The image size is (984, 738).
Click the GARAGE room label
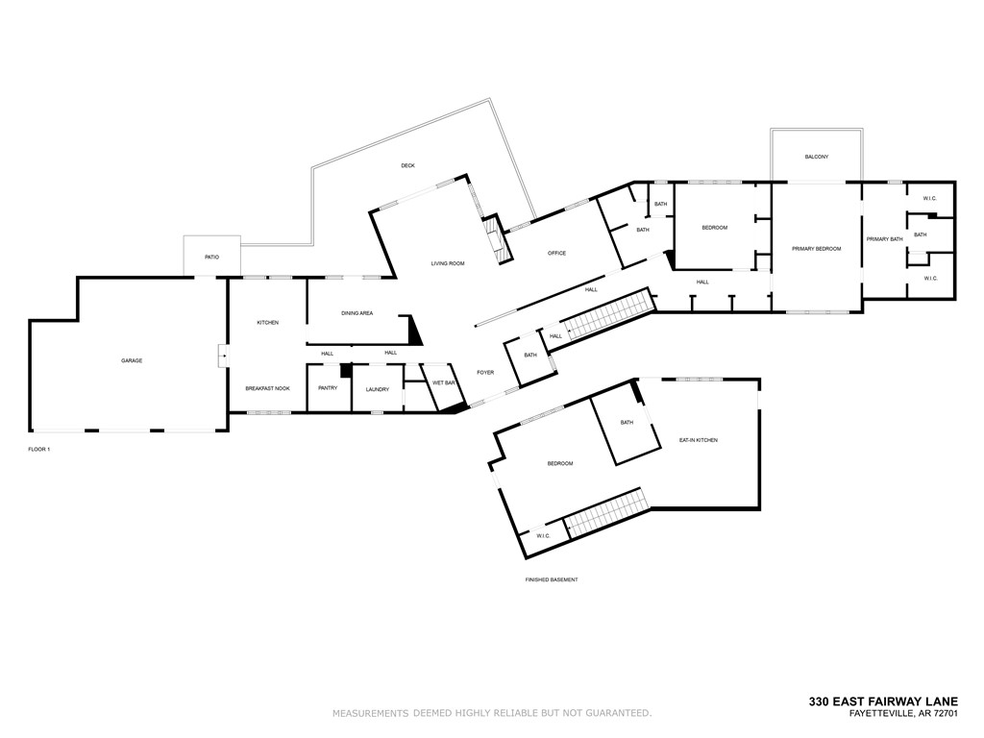point(132,360)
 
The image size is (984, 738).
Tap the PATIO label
point(211,257)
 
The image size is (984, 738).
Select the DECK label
point(407,165)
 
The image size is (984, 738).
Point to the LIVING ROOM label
point(448,262)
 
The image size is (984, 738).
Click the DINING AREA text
point(357,312)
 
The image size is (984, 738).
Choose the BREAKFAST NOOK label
point(267,388)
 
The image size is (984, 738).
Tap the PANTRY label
point(328,388)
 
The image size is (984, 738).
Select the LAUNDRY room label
point(377,389)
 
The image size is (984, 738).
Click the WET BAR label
point(443,382)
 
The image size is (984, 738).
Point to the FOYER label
point(485,372)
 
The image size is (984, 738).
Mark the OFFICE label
point(556,253)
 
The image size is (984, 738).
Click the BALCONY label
point(817,157)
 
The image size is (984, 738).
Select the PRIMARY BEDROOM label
point(816,248)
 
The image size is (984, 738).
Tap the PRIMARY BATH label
point(884,238)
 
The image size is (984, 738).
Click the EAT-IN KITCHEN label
point(699,440)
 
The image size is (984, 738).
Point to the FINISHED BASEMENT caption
point(551,580)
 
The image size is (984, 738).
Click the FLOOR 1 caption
point(38,449)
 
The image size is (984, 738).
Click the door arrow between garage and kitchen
point(223,357)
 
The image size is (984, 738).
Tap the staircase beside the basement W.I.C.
point(605,514)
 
